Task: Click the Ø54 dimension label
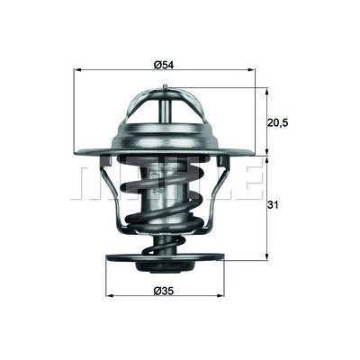coord(163,64)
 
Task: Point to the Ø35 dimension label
coord(163,288)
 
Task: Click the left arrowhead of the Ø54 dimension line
coord(76,72)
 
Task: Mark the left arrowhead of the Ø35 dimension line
coord(109,296)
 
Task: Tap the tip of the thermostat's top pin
coord(165,87)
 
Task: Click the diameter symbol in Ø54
coord(157,64)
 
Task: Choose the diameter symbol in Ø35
coord(157,288)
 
